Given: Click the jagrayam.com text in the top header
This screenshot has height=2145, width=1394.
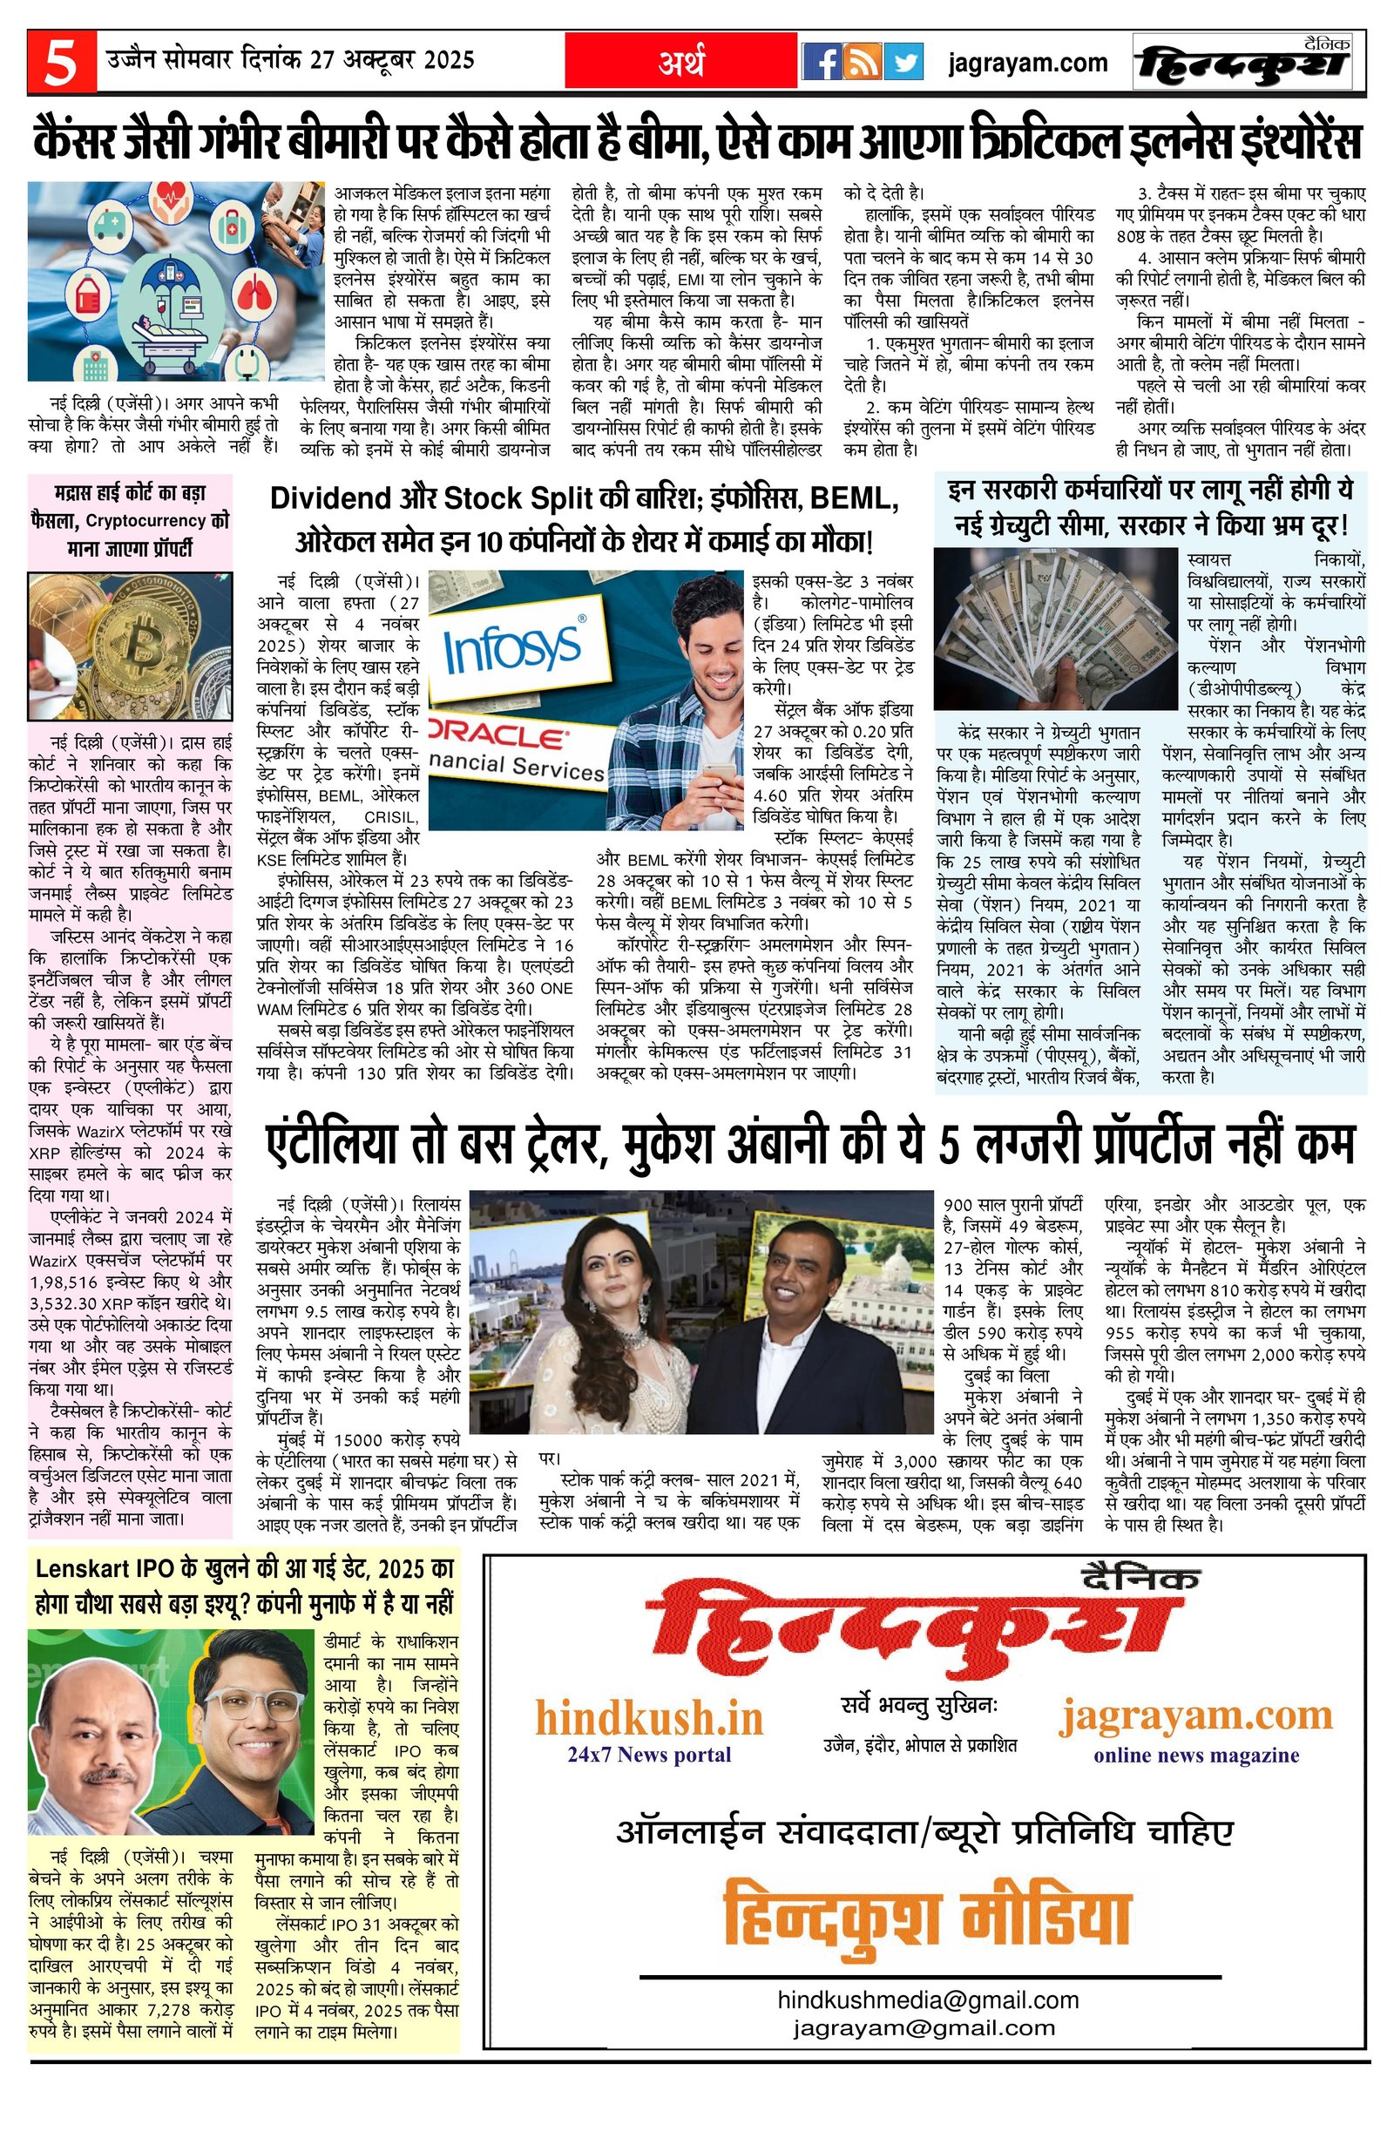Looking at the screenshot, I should [1028, 63].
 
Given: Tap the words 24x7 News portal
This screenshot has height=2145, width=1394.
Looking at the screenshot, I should [649, 1754].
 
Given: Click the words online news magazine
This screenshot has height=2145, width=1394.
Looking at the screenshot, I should [1195, 1754].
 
